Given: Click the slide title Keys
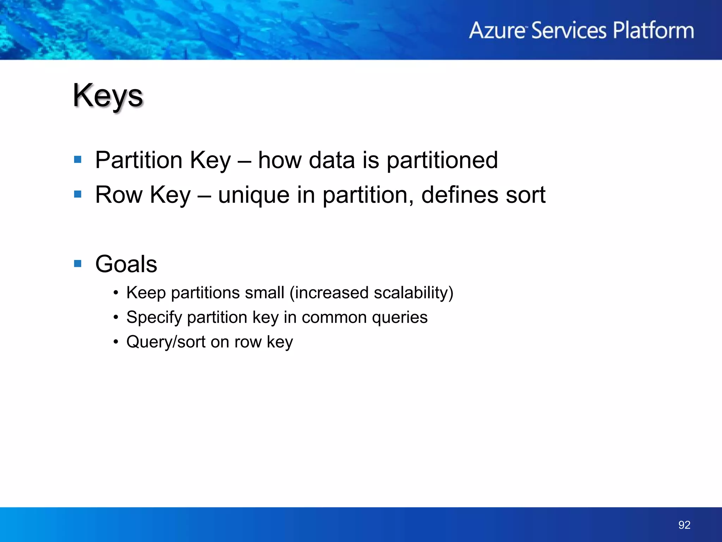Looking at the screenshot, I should click(108, 96).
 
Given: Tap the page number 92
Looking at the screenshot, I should click(684, 525).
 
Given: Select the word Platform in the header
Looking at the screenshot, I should click(653, 30).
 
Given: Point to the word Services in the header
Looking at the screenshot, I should click(568, 30).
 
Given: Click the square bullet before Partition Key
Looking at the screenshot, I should click(78, 160).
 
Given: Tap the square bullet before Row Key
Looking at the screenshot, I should click(78, 194).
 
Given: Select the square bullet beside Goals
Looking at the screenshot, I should click(78, 264).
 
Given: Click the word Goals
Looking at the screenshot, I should click(126, 264).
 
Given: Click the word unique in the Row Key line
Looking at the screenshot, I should click(253, 195).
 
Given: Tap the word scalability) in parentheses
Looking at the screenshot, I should click(413, 293).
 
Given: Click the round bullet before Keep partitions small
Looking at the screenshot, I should click(116, 293).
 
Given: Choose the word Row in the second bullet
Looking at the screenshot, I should click(119, 195).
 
